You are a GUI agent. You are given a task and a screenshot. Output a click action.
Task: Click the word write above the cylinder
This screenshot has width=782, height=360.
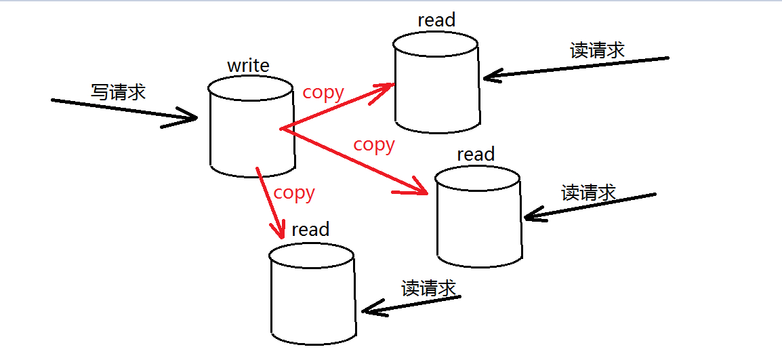248,66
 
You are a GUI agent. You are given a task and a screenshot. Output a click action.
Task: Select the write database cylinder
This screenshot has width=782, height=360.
251,129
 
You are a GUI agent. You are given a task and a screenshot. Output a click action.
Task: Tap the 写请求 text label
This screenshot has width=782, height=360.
118,92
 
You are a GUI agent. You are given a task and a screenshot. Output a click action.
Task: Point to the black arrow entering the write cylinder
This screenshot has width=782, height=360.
125,111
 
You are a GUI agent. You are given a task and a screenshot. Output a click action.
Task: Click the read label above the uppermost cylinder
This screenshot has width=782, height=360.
436,20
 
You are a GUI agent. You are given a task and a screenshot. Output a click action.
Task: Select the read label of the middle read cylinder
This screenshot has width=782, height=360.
476,155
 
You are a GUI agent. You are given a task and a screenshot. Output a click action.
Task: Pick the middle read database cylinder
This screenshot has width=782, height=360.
478,217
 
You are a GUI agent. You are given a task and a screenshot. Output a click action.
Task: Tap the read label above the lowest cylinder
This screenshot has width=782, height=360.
310,230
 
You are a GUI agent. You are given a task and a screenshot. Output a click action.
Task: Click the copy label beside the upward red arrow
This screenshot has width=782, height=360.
323,92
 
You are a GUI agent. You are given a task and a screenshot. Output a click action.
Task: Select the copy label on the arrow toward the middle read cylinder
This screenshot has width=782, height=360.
374,144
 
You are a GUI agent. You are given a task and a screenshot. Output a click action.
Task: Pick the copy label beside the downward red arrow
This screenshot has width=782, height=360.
294,193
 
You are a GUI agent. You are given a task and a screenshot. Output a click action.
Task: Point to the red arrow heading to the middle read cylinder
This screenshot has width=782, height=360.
356,161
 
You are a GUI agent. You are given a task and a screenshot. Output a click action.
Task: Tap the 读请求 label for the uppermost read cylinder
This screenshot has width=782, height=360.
597,50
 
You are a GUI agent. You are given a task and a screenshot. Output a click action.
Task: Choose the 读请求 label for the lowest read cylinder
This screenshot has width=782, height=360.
428,288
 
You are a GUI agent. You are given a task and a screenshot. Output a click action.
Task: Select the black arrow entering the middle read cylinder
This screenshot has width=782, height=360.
590,206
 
